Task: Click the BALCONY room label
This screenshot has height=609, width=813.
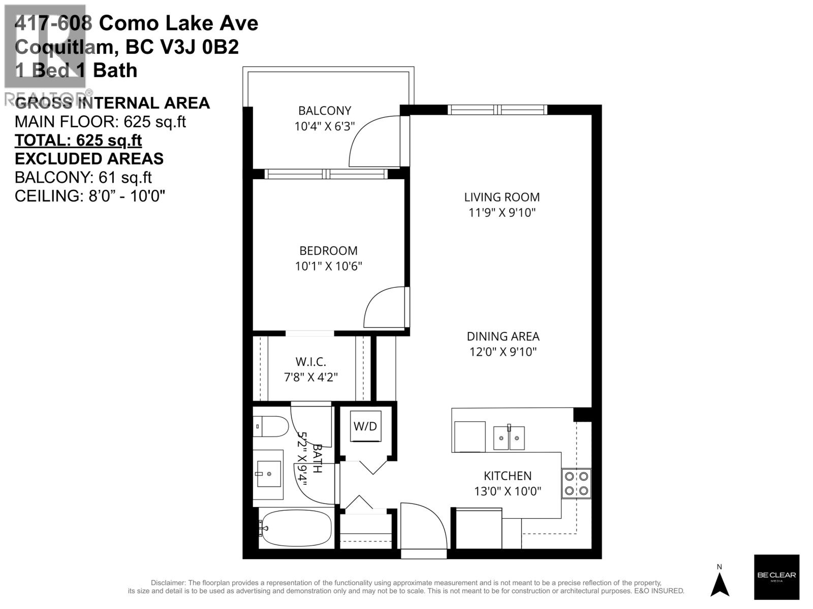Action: point(324,111)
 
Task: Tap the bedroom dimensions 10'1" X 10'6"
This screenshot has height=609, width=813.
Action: point(328,266)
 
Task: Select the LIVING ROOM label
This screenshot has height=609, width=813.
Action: point(502,197)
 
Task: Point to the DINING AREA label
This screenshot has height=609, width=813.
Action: point(503,336)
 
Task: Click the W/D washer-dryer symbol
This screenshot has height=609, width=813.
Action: point(365,426)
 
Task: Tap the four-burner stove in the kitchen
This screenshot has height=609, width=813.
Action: point(577,483)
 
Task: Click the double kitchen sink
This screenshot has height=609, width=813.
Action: point(509,438)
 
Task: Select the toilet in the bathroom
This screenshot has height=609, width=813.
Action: point(271,426)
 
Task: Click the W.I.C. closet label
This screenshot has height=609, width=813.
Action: point(310,362)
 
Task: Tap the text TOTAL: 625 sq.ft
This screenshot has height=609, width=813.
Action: point(78,141)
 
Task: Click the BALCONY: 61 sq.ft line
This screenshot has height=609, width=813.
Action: point(83,178)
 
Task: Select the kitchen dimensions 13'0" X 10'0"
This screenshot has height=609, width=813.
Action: point(508,491)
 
